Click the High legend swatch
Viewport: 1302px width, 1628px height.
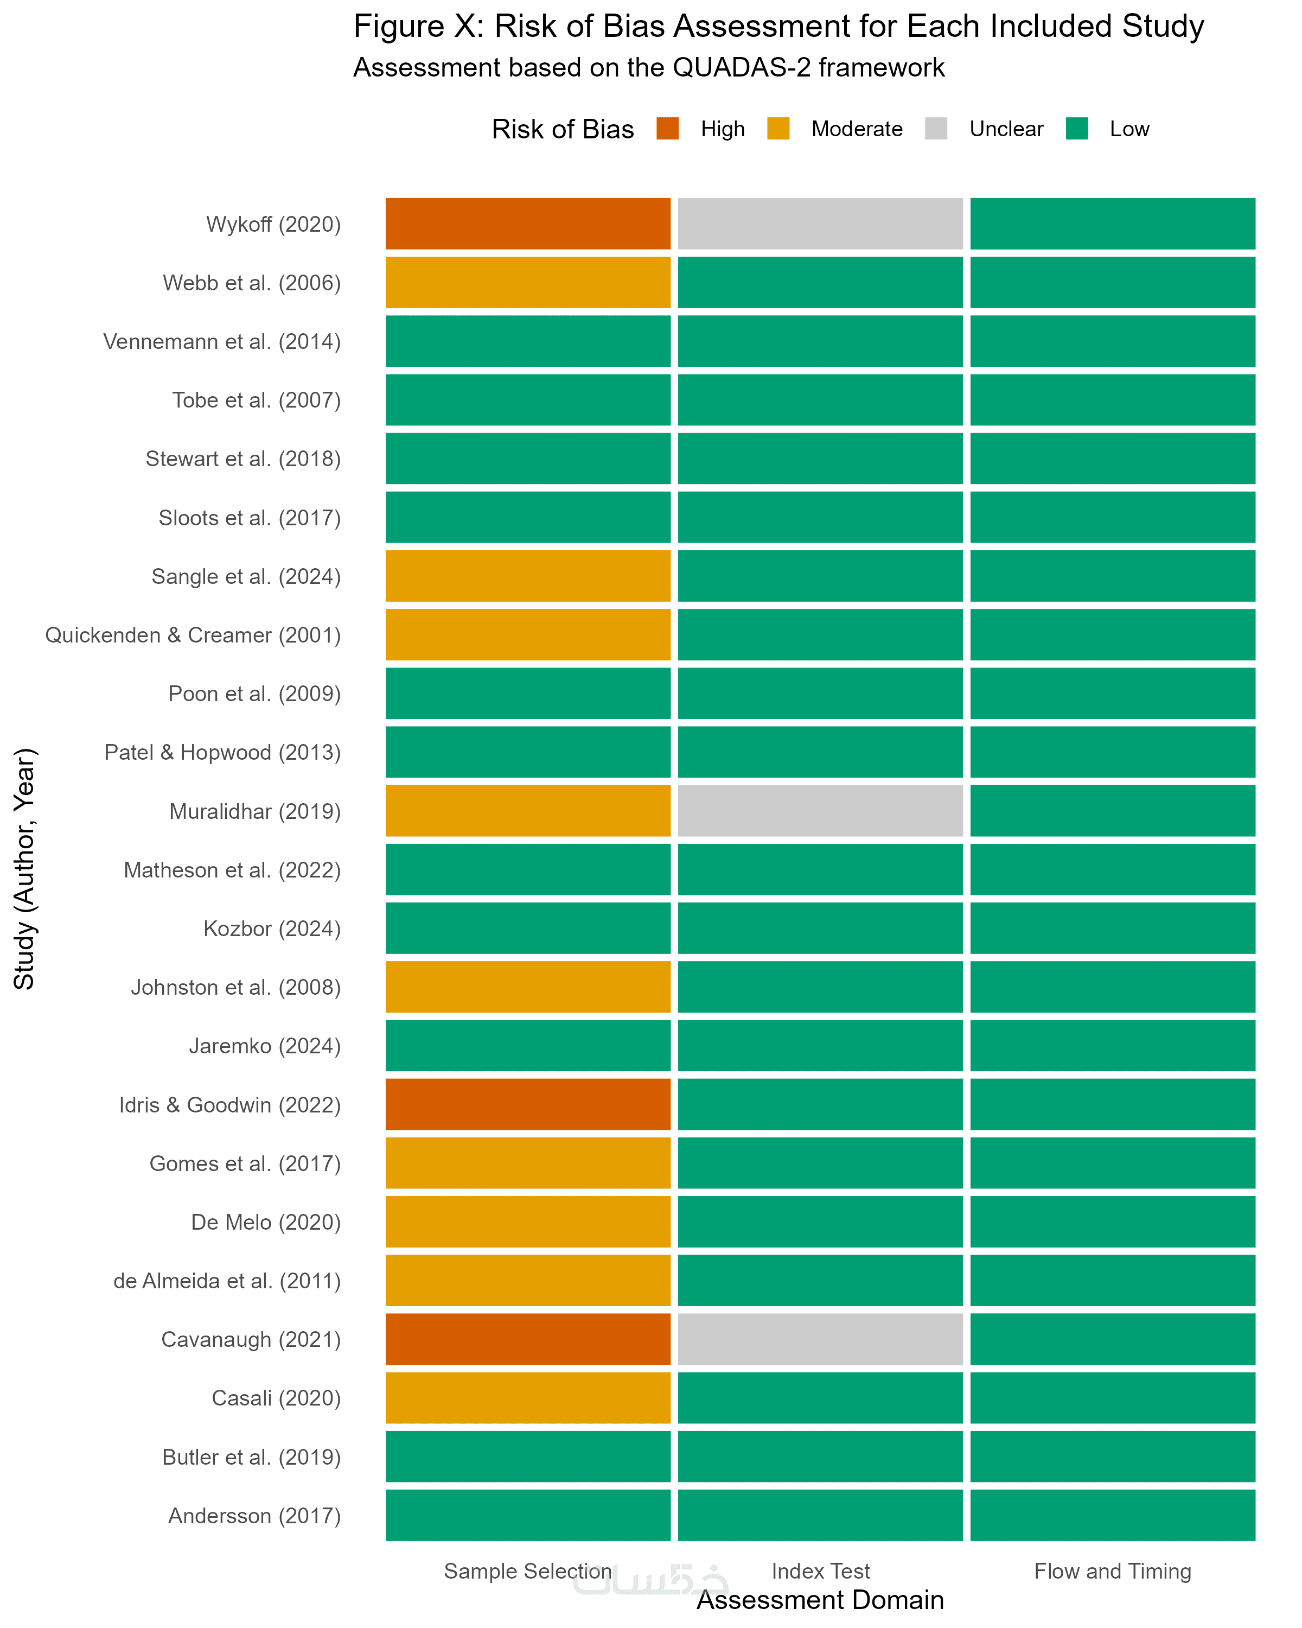667,129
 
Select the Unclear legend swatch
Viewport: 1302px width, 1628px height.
936,129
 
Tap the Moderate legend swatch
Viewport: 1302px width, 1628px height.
778,129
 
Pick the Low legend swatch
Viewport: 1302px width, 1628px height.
1077,129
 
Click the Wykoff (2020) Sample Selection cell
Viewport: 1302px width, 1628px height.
528,224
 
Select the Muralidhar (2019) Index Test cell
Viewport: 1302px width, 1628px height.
820,811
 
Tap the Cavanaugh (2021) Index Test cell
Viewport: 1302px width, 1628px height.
820,1339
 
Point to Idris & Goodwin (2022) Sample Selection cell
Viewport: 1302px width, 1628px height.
528,1104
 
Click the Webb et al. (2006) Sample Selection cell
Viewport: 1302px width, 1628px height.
528,282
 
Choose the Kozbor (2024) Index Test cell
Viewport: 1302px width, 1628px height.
820,928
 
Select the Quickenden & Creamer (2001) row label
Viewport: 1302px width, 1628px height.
193,635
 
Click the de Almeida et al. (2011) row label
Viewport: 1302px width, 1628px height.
227,1281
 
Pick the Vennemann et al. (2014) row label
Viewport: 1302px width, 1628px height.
222,341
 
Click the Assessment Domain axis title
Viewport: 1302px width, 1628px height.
820,1600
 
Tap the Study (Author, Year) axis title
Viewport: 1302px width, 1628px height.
24,868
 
